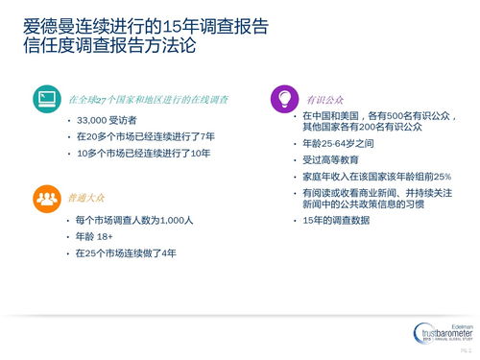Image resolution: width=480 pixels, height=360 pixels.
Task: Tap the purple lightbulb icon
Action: (283, 99)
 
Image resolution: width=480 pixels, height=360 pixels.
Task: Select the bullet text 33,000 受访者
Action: (109, 120)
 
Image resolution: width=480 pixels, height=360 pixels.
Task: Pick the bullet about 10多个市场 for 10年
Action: (150, 153)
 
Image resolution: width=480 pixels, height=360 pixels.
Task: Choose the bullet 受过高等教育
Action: (331, 160)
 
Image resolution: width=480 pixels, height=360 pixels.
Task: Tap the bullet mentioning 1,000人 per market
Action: (135, 221)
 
